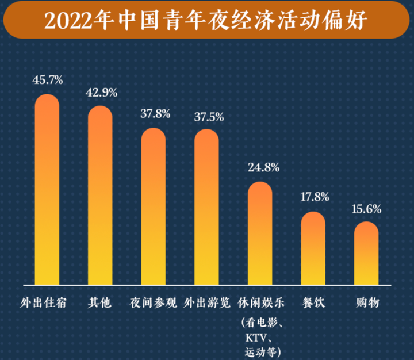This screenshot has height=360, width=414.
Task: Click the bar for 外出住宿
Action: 47,190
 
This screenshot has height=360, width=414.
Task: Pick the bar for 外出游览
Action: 206,207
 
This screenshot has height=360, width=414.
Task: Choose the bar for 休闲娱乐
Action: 260,233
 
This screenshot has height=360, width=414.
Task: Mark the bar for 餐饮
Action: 313,248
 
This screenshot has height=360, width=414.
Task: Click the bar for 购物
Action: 366,253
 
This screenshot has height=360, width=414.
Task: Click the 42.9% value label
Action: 102,91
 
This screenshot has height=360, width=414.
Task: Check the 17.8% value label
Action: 315,197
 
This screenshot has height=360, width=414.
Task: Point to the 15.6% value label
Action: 367,209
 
